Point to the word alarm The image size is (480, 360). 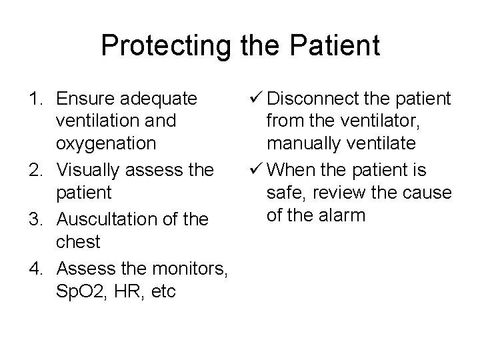(344, 215)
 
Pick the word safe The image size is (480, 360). (284, 194)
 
